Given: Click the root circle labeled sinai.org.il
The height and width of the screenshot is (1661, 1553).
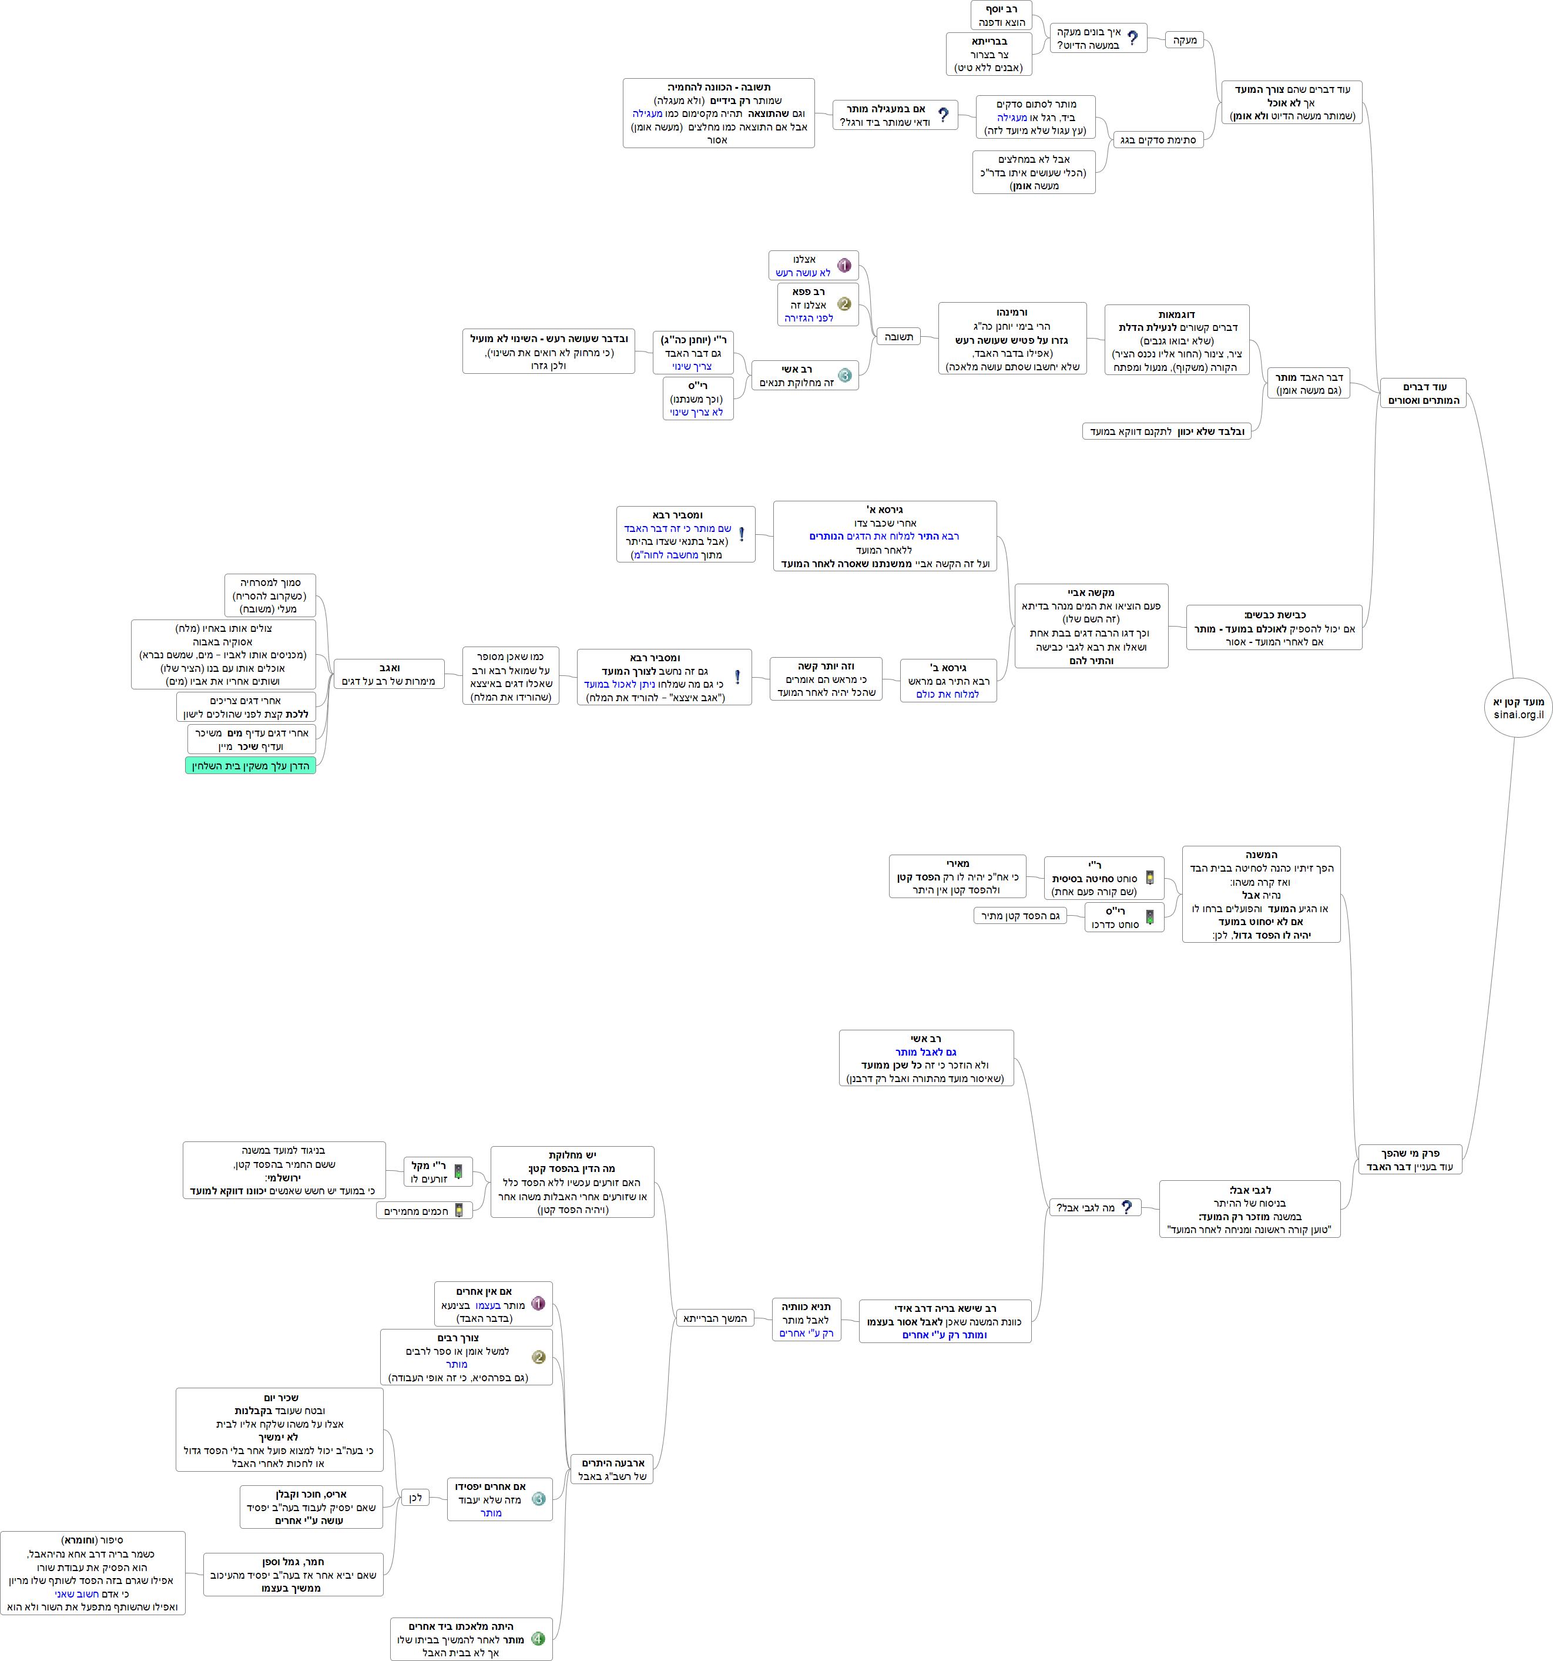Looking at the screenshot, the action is click(x=1518, y=708).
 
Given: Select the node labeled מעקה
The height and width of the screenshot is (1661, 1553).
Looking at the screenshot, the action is click(x=1184, y=40).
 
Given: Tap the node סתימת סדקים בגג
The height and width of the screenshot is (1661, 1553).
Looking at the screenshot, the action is click(x=1157, y=139).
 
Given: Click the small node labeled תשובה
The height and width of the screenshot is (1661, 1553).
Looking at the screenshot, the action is click(x=898, y=337).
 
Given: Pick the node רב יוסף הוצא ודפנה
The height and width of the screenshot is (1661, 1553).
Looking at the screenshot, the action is click(x=1001, y=16).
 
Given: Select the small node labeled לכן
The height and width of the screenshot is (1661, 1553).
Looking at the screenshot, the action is click(x=415, y=1497).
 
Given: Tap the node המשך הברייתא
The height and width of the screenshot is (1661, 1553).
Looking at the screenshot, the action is click(x=715, y=1318).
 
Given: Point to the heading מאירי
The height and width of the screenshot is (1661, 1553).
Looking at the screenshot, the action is click(x=957, y=863).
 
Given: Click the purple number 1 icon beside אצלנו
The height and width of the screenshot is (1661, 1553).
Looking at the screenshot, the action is click(x=844, y=266).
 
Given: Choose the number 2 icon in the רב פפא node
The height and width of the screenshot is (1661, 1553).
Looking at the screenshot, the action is click(x=844, y=304).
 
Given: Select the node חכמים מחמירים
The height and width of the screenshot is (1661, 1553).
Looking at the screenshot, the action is click(x=424, y=1211).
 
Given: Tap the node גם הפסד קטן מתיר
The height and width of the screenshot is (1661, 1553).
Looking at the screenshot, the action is click(x=1019, y=916).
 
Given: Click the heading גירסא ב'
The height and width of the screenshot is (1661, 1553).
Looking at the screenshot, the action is click(x=948, y=668).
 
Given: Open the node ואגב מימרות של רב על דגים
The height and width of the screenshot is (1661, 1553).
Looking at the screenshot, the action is click(x=388, y=674).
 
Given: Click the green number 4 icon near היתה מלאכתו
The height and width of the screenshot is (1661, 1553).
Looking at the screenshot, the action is click(x=538, y=1639).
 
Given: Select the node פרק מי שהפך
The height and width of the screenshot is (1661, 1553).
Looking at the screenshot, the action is click(x=1409, y=1160).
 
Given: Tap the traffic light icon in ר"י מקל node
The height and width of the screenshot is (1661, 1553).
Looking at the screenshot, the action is click(x=458, y=1172).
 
